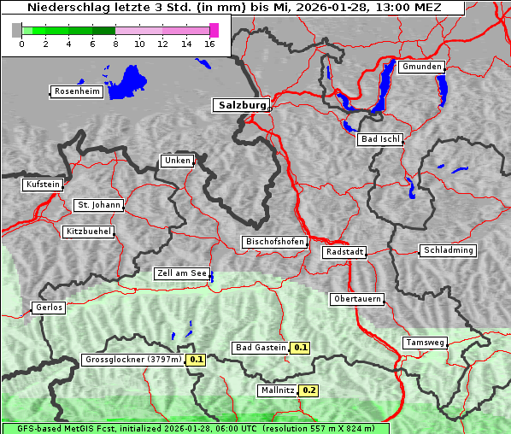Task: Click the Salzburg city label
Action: pyautogui.click(x=241, y=105)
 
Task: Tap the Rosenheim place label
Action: pyautogui.click(x=76, y=91)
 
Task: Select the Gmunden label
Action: pyautogui.click(x=421, y=67)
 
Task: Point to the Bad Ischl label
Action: pyautogui.click(x=380, y=139)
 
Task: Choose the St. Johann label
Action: pyautogui.click(x=98, y=205)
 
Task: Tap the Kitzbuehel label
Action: pyautogui.click(x=88, y=232)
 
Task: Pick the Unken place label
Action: pyautogui.click(x=177, y=161)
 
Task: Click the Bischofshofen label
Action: pyautogui.click(x=274, y=243)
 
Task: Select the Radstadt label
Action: pyautogui.click(x=344, y=252)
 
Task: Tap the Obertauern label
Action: pyautogui.click(x=357, y=299)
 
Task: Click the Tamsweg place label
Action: pyautogui.click(x=425, y=343)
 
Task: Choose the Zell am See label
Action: pyautogui.click(x=182, y=273)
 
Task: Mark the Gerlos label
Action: pyautogui.click(x=48, y=308)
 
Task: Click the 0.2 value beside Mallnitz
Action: pyautogui.click(x=308, y=390)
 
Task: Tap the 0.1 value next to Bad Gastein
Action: pyautogui.click(x=300, y=348)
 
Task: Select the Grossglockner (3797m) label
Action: pyautogui.click(x=133, y=360)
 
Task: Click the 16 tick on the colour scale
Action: pyautogui.click(x=209, y=44)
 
